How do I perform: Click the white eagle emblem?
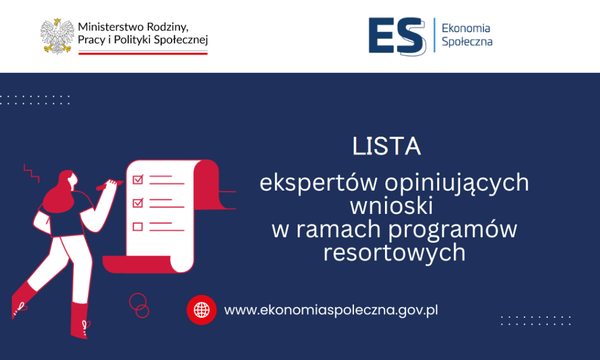(x=57, y=36)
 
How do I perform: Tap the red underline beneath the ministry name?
(x=143, y=53)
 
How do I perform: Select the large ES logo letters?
(x=397, y=36)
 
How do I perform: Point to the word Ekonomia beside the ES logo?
(x=466, y=28)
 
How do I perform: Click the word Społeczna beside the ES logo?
(x=467, y=42)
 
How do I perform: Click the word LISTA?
(x=387, y=146)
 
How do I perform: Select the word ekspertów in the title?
(x=318, y=182)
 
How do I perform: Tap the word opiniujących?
(x=457, y=182)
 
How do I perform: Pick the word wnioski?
(x=391, y=206)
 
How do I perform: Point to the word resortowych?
(x=394, y=253)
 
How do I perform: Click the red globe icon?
(x=202, y=310)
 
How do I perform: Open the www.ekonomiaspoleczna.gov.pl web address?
(x=331, y=310)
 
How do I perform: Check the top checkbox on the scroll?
(x=138, y=179)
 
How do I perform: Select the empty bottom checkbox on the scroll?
(x=138, y=227)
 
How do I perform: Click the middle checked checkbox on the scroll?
(x=138, y=203)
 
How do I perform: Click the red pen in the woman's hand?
(x=109, y=185)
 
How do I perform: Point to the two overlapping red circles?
(x=139, y=305)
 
